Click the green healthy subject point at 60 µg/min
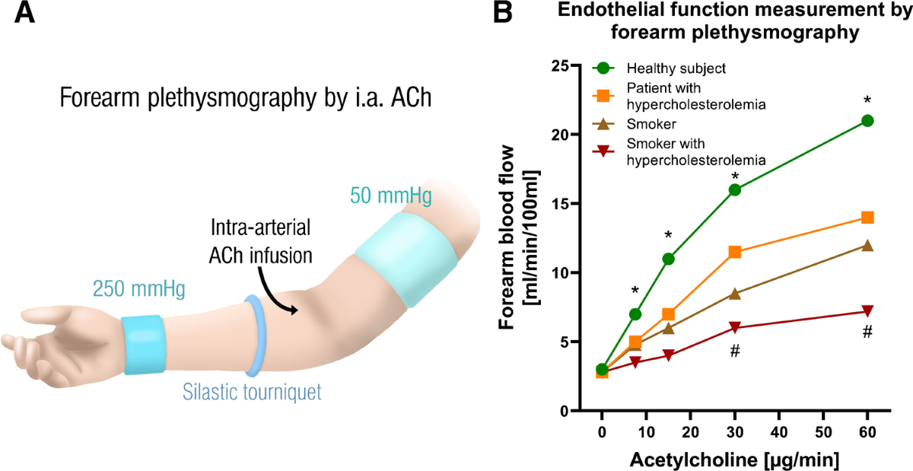[x=867, y=121]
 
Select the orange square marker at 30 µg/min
[x=734, y=252]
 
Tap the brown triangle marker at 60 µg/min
[x=867, y=245]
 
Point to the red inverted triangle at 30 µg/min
[x=734, y=327]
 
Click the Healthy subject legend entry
[x=659, y=68]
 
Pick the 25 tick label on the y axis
[x=560, y=65]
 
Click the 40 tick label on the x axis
[x=779, y=431]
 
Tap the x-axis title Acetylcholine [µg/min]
[x=734, y=460]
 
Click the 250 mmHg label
[x=139, y=288]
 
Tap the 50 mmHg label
[x=391, y=196]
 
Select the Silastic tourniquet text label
[x=252, y=392]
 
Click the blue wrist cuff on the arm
[x=144, y=345]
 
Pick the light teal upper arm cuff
[x=406, y=259]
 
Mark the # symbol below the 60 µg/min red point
[x=867, y=332]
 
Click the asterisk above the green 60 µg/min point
[x=867, y=100]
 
